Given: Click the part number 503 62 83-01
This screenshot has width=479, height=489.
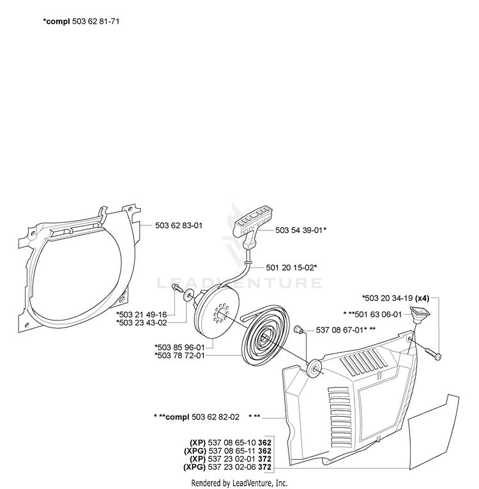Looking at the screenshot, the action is point(179,225).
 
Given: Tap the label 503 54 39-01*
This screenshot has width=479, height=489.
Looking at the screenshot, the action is point(301,230).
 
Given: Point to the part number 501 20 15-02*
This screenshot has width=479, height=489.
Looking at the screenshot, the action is point(291,267).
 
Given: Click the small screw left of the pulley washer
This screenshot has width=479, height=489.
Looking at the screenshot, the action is point(178,289).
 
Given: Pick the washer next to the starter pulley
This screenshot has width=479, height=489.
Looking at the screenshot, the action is point(188,295).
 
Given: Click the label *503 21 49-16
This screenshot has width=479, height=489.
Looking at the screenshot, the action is point(141,314).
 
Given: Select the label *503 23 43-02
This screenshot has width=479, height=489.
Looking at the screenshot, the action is point(141,322).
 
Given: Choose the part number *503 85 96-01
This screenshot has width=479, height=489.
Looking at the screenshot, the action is point(179,347).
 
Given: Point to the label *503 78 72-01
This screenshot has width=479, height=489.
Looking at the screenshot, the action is point(179,356).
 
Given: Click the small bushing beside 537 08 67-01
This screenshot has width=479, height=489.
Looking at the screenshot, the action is point(299,329).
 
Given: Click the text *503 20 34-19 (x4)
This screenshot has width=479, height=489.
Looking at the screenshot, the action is point(396,298).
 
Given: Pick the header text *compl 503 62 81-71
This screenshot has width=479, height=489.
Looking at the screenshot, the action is point(81,22).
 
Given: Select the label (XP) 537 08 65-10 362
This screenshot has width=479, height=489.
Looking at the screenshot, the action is point(231,442).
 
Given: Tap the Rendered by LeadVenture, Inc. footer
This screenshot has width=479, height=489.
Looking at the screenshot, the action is point(239,483).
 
